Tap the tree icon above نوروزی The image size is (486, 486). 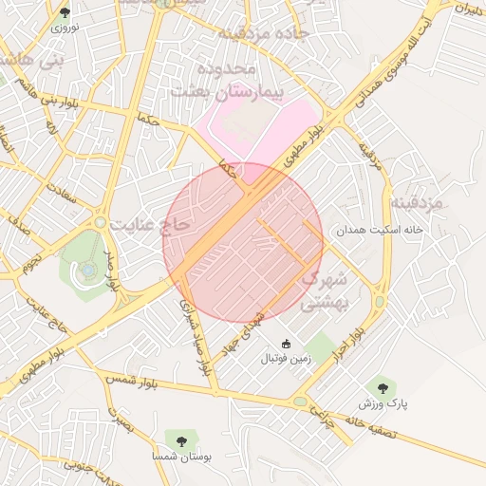coord(65,12)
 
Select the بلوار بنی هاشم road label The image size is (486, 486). coord(49,101)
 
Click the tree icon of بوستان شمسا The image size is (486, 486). coord(178,439)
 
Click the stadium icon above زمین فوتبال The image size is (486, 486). coord(287,343)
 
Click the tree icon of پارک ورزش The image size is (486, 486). coord(383,387)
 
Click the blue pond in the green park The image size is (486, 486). coord(88,271)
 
